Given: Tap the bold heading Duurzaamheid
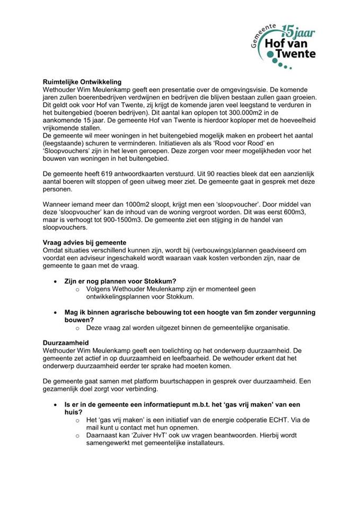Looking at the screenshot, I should click(x=66, y=343).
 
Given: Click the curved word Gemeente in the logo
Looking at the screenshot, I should click(x=265, y=36).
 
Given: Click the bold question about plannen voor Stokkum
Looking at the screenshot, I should click(x=126, y=280).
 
